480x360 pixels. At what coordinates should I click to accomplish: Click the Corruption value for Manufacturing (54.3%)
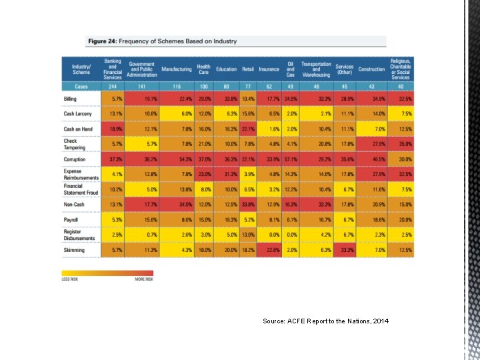click(185, 160)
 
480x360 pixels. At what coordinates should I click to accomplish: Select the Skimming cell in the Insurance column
click(272, 250)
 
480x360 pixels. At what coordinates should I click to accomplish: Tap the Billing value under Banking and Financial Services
click(116, 98)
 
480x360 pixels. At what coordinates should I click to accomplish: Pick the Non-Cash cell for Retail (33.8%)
click(247, 204)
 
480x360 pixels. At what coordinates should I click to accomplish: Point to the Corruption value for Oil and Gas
click(291, 160)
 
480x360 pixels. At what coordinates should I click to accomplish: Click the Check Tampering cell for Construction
click(378, 144)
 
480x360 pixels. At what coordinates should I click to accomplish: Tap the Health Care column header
click(203, 69)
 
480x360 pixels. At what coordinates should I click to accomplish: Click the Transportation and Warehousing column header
click(316, 69)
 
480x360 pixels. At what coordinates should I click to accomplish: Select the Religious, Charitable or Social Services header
click(401, 69)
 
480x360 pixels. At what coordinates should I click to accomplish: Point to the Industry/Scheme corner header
click(81, 69)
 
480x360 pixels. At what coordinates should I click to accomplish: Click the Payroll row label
click(71, 219)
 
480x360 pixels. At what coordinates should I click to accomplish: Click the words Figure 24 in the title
click(101, 41)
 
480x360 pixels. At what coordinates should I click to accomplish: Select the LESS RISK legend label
click(70, 279)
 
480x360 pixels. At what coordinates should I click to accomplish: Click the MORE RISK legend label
click(143, 279)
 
